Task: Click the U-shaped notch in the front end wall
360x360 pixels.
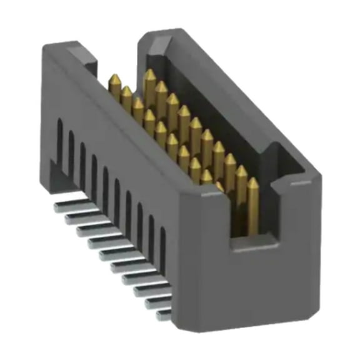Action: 262,206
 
